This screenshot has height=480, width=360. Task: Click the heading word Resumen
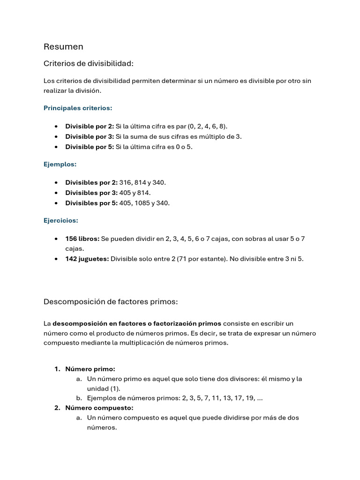tap(63, 46)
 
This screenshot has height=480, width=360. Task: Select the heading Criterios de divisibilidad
tap(89, 63)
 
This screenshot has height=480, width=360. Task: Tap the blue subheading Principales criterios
tap(78, 108)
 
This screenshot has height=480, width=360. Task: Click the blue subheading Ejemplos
tap(60, 164)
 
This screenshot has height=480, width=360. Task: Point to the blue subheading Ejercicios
tap(61, 220)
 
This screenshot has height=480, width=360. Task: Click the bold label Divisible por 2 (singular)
tap(90, 126)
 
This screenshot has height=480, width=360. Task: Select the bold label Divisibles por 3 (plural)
tap(91, 193)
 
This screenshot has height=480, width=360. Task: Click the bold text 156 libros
tap(82, 239)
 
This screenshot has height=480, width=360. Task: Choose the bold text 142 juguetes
tap(87, 258)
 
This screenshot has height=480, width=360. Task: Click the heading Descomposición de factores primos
tap(111, 302)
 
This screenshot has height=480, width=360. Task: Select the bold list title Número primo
tap(90, 369)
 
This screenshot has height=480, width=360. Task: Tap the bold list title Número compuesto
tap(99, 407)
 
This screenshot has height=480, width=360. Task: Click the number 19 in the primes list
tap(249, 398)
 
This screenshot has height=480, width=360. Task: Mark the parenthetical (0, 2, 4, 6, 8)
tap(207, 126)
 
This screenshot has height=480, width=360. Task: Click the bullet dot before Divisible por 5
tap(56, 147)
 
